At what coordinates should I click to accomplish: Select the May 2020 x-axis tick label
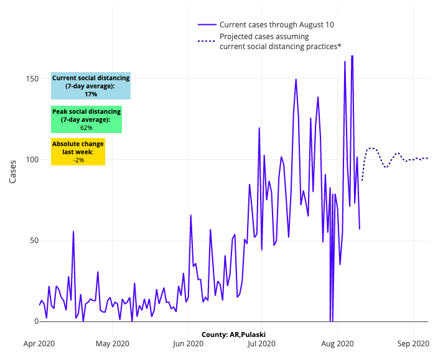click(113, 343)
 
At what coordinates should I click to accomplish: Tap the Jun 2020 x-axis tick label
click(188, 343)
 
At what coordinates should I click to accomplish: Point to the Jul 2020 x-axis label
click(261, 343)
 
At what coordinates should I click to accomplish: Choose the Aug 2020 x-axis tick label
click(337, 343)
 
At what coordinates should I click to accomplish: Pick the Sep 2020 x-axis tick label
click(413, 343)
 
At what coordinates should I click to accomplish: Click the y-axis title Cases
click(13, 169)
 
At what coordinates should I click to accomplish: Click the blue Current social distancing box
click(91, 86)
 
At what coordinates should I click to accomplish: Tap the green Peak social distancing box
click(86, 119)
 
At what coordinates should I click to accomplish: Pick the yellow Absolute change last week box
click(78, 152)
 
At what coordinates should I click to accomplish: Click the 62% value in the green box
click(86, 127)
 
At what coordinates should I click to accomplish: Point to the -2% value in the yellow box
click(78, 160)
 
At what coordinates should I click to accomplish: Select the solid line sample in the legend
click(207, 25)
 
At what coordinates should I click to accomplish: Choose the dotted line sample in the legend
click(207, 42)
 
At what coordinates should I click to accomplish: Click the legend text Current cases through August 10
click(277, 25)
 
